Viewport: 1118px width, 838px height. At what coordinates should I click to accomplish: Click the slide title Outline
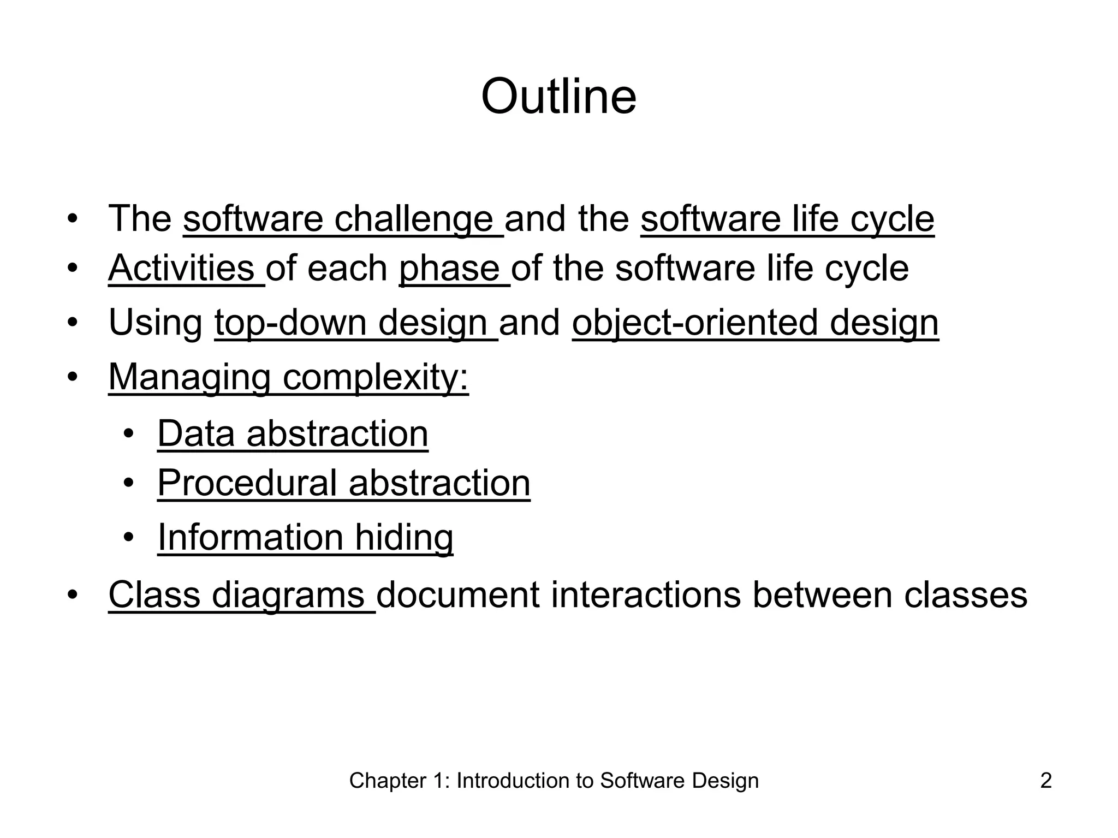click(558, 97)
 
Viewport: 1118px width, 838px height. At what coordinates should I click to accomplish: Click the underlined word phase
click(449, 269)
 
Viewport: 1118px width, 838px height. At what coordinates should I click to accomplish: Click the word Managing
click(189, 377)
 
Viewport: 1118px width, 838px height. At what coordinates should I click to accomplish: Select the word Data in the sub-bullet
click(195, 433)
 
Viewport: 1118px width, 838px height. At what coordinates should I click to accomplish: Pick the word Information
click(250, 537)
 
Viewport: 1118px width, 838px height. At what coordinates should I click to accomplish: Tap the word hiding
click(404, 537)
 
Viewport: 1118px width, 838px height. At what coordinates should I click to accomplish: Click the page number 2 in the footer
click(1046, 781)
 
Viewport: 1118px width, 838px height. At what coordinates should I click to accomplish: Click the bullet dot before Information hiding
click(128, 538)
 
